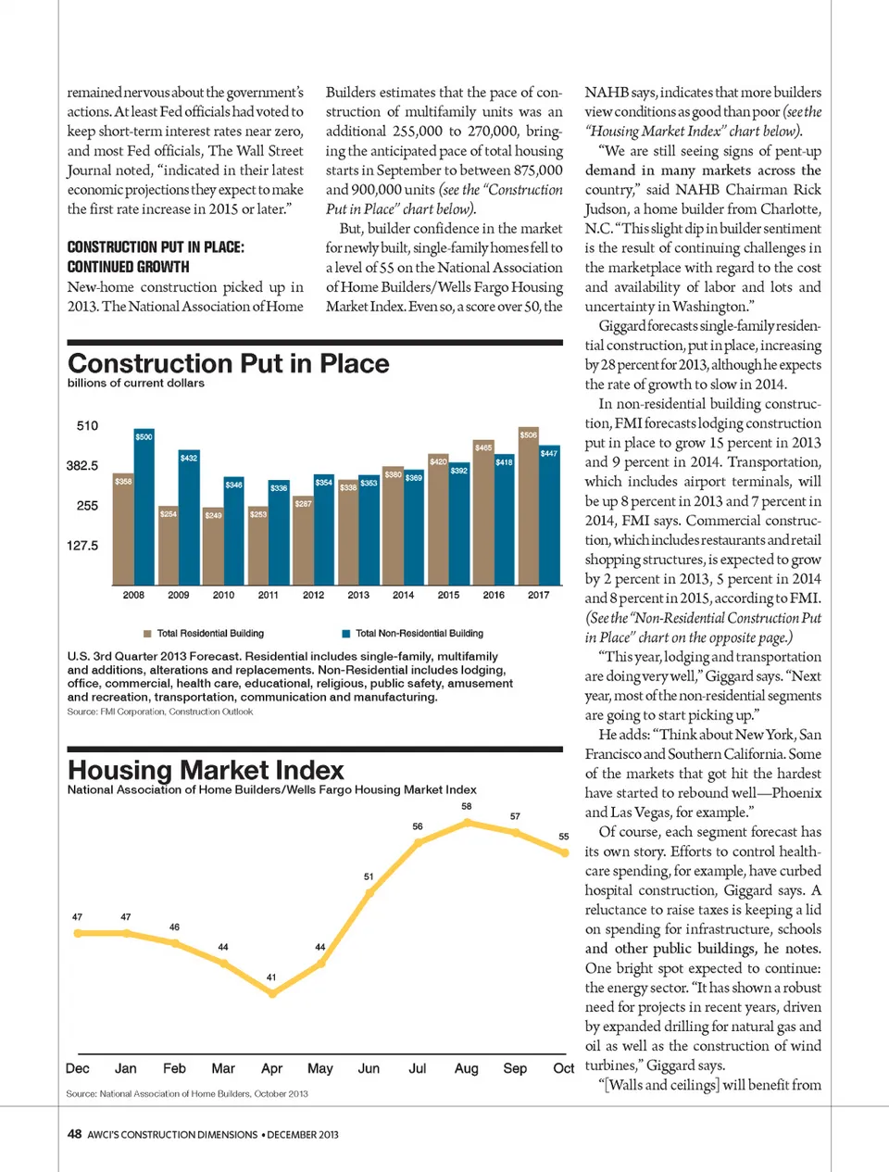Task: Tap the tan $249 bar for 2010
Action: pyautogui.click(x=213, y=547)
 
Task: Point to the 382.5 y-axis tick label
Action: pyautogui.click(x=82, y=466)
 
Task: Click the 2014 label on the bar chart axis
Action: pyautogui.click(x=404, y=595)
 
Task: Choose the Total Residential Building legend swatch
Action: pyautogui.click(x=147, y=634)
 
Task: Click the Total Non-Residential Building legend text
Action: pyautogui.click(x=419, y=634)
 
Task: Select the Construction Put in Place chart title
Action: pyautogui.click(x=229, y=363)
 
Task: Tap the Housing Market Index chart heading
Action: pyautogui.click(x=206, y=770)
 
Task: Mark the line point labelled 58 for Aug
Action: pyautogui.click(x=468, y=822)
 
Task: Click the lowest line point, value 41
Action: pyautogui.click(x=272, y=993)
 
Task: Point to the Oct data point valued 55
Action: pyautogui.click(x=565, y=852)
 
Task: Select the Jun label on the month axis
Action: pyautogui.click(x=369, y=1068)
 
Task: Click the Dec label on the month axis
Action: pyautogui.click(x=78, y=1068)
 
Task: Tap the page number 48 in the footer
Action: pyautogui.click(x=74, y=1134)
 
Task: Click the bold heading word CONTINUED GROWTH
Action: pyautogui.click(x=128, y=267)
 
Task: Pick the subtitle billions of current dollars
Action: pyautogui.click(x=136, y=383)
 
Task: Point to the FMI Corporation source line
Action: pyautogui.click(x=159, y=712)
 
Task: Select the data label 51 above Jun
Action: pyautogui.click(x=369, y=876)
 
